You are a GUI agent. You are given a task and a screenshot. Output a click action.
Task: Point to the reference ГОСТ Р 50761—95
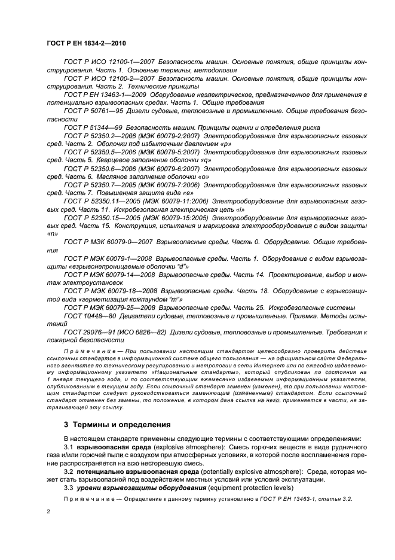pyautogui.click(x=92, y=111)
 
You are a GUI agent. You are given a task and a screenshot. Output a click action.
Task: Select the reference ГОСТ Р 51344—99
pyautogui.click(x=92, y=128)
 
